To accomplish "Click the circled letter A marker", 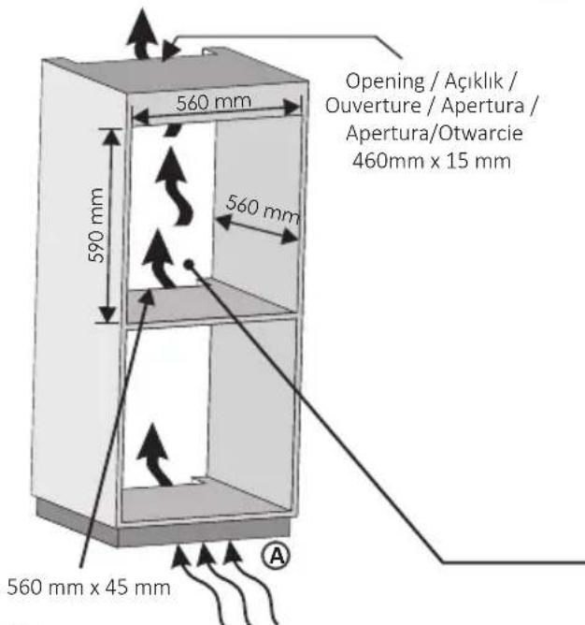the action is point(276,556).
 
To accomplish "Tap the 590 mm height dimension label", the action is point(96,225).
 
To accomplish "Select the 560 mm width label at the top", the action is point(213,102).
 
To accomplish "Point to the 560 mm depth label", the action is point(263,210).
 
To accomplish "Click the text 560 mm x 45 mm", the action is point(89,588).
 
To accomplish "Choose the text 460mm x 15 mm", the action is point(432,161).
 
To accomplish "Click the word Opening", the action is point(385,81).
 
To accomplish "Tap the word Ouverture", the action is point(373,106).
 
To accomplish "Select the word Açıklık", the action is point(474,81).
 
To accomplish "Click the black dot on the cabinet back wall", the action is point(189,264).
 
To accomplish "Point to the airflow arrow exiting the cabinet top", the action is point(142,34).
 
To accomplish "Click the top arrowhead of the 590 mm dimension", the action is point(111,137).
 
